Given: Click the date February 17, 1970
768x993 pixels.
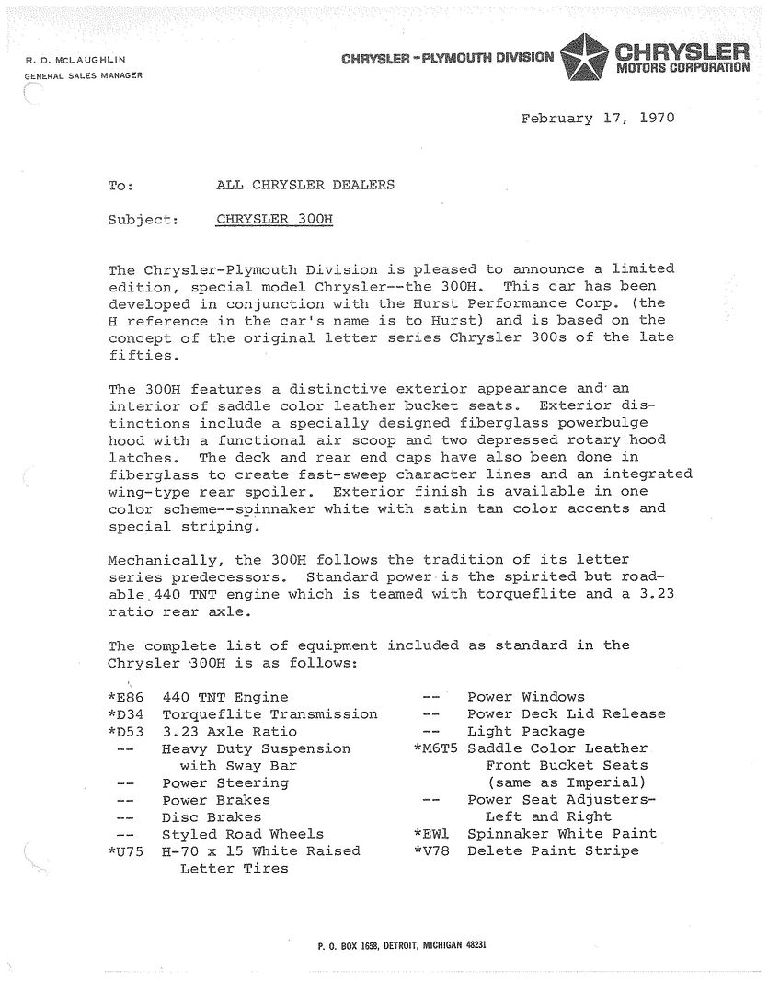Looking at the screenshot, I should click(597, 119).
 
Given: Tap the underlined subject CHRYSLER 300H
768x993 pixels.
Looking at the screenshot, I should click(274, 220).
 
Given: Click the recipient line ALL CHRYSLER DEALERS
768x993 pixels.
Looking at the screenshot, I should click(304, 185).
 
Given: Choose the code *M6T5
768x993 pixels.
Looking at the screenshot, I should click(439, 748).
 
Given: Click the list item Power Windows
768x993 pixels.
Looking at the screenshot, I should click(525, 697).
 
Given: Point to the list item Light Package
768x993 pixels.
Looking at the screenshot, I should click(525, 732).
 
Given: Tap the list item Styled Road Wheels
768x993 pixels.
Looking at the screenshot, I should click(243, 834).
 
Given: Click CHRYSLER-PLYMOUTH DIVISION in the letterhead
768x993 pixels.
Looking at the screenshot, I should click(447, 59).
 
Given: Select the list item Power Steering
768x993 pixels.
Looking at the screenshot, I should click(224, 783).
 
